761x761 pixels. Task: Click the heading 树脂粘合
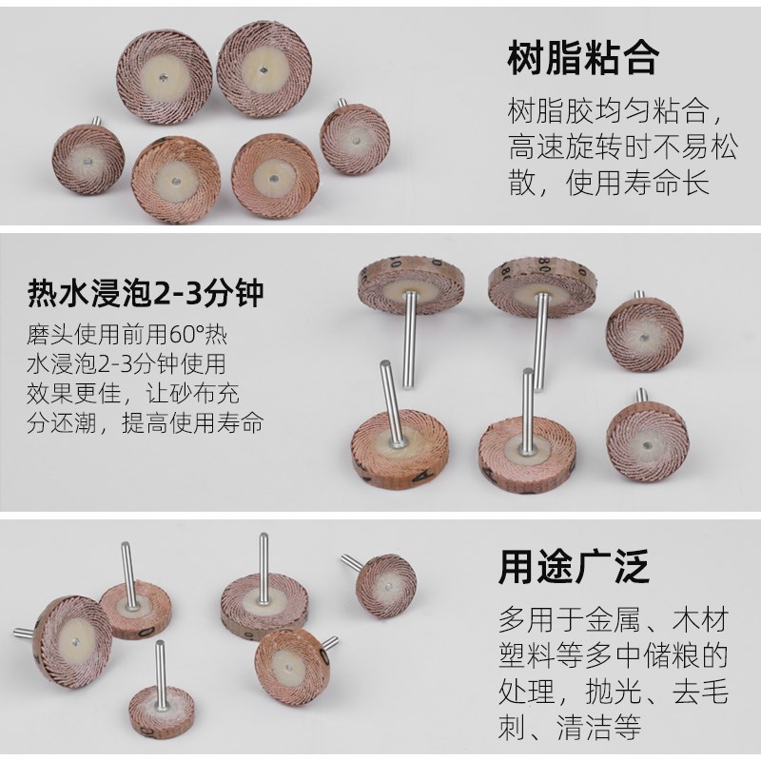tap(582, 59)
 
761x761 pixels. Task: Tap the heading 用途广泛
tap(575, 568)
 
